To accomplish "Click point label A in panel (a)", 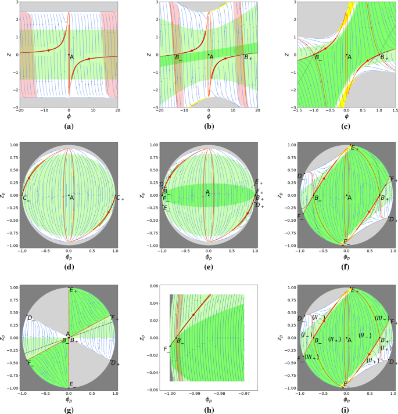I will click(x=72, y=57).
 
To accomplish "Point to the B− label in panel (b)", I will click(x=178, y=56).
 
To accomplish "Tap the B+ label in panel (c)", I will click(x=383, y=57).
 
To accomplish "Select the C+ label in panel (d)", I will click(x=120, y=198).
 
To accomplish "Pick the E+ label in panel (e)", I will click(x=259, y=183).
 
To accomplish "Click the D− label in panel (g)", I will click(x=31, y=318).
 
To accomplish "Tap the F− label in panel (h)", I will click(x=167, y=349).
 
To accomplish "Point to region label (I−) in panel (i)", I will click(x=307, y=336).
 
